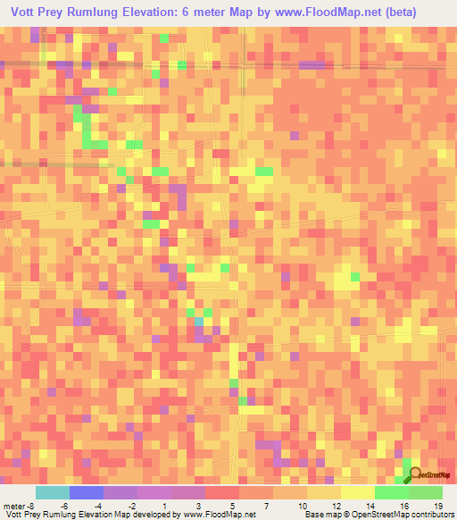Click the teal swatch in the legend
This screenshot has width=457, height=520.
(x=52, y=492)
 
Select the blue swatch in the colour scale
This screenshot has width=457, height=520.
(x=86, y=492)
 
